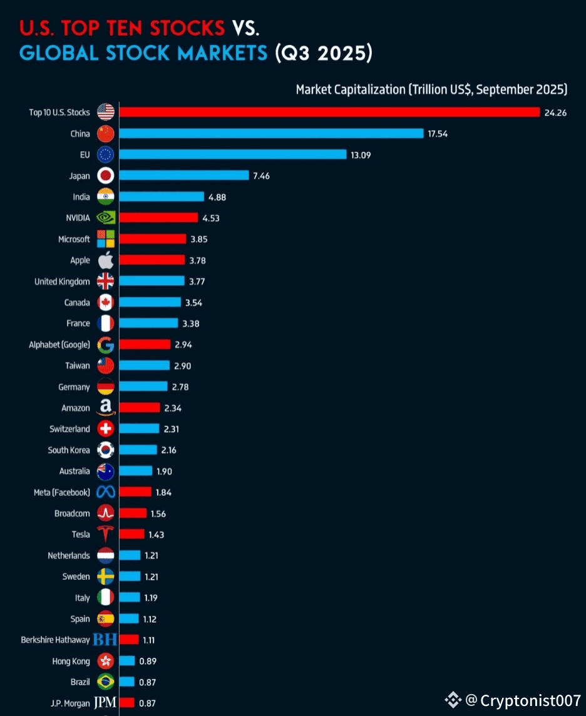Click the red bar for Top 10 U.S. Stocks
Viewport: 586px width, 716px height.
pyautogui.click(x=329, y=112)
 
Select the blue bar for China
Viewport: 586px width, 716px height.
pyautogui.click(x=271, y=133)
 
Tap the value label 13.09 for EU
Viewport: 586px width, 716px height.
pyautogui.click(x=361, y=154)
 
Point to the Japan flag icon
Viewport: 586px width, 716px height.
pyautogui.click(x=106, y=176)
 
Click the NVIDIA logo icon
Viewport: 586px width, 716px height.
pyautogui.click(x=106, y=218)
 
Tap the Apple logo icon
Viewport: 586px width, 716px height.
pyautogui.click(x=106, y=260)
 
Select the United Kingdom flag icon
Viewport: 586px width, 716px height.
pyautogui.click(x=106, y=281)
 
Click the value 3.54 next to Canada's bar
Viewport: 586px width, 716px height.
pyautogui.click(x=193, y=303)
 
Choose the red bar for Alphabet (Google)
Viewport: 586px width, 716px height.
pyautogui.click(x=145, y=344)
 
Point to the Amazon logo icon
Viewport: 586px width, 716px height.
pyautogui.click(x=106, y=408)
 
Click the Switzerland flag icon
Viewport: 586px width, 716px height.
pyautogui.click(x=106, y=429)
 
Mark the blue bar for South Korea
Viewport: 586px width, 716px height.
pyautogui.click(x=138, y=450)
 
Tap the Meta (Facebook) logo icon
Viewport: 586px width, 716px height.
pyautogui.click(x=106, y=492)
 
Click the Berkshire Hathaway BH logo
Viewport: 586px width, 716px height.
pyautogui.click(x=105, y=640)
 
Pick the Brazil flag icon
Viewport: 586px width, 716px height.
pyautogui.click(x=106, y=682)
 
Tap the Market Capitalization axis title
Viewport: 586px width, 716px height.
pyautogui.click(x=431, y=89)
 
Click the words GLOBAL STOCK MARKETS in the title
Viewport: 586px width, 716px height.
pyautogui.click(x=143, y=53)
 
